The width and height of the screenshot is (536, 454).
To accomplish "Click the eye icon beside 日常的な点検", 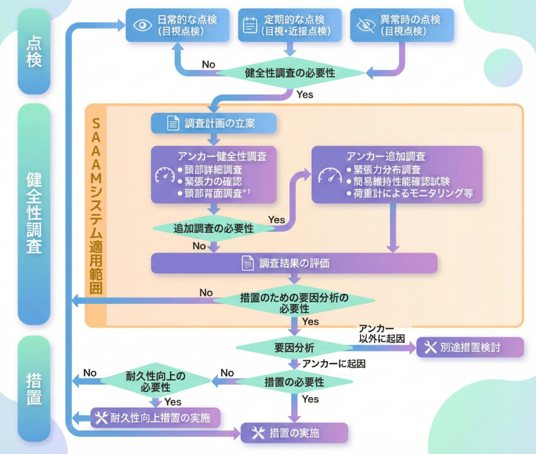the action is pos(142,25).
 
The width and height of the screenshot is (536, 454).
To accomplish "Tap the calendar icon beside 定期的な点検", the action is pos(250,25).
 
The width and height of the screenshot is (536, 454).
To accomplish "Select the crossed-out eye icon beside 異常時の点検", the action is pos(366,25).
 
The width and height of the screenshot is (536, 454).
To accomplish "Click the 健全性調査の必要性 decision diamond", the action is pos(290,73).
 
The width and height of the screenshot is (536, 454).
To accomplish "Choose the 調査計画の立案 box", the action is pos(214,123).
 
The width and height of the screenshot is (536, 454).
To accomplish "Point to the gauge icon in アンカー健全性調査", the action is pos(165,175).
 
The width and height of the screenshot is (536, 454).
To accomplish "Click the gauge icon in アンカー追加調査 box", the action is pos(330,175).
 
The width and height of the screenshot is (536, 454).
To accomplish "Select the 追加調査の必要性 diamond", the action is pos(214,228).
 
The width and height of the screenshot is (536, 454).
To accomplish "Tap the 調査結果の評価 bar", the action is pos(294,263).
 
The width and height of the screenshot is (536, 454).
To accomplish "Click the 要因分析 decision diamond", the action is pos(294,348).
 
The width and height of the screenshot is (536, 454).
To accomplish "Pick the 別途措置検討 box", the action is pos(470,347).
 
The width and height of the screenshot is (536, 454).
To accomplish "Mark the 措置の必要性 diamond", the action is pos(294,382).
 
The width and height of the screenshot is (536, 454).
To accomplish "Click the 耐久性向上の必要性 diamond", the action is pos(156,381).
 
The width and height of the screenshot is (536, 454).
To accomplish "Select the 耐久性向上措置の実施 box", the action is pos(156,417).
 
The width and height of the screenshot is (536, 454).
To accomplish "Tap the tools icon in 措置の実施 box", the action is pos(259,433).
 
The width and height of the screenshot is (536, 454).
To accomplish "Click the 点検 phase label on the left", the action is pos(34,51).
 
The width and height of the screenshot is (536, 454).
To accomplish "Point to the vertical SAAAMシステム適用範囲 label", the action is pos(96,206).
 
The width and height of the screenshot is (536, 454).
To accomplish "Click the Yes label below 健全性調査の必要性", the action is pos(305,94).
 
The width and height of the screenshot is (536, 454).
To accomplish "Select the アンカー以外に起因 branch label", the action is pos(382,334).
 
